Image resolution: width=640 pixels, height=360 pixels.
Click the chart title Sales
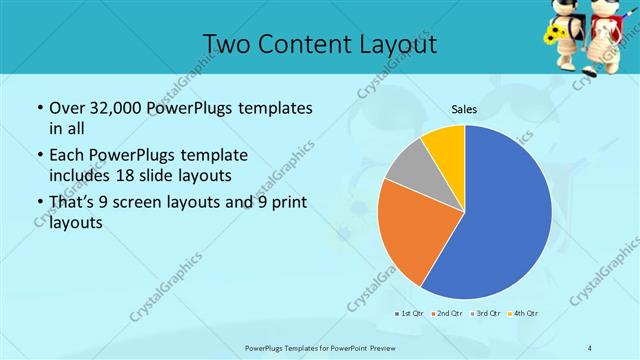(x=465, y=109)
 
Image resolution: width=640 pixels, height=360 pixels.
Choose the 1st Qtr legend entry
(x=409, y=315)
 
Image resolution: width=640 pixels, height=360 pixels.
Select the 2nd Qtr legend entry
(x=446, y=315)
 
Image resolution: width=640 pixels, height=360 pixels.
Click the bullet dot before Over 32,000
(x=38, y=108)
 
